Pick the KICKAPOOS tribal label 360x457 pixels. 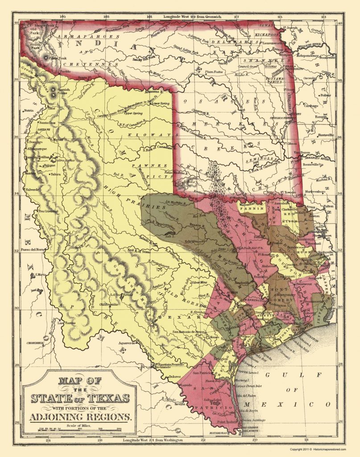click(x=267, y=33)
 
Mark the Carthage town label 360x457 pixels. click(x=310, y=106)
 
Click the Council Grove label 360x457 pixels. click(x=249, y=66)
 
